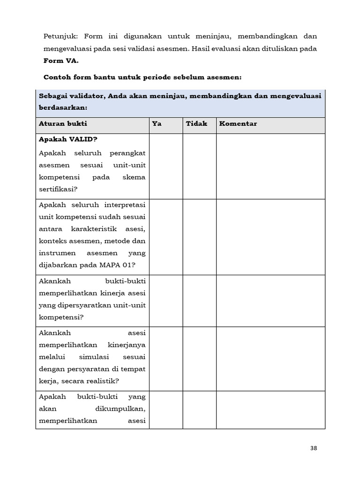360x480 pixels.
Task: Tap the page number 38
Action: coord(314,448)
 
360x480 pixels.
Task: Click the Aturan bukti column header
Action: coord(63,124)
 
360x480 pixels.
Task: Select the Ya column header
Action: coord(156,124)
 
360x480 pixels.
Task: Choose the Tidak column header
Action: coord(196,124)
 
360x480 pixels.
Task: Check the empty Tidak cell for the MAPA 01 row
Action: coord(199,237)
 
